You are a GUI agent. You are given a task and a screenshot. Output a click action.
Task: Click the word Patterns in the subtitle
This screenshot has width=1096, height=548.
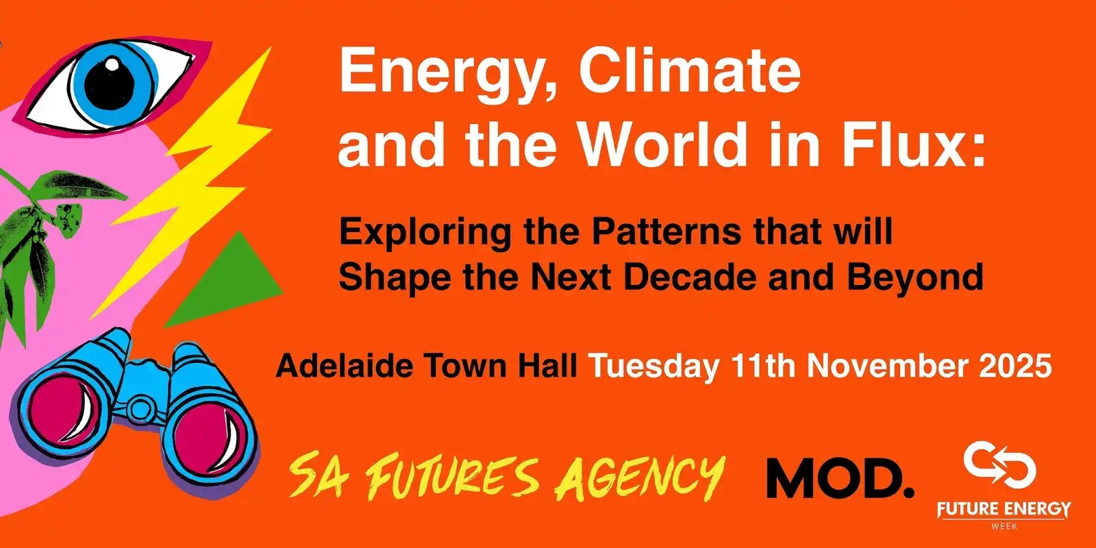667,232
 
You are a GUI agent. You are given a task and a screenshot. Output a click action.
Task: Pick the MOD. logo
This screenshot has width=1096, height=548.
840,479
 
